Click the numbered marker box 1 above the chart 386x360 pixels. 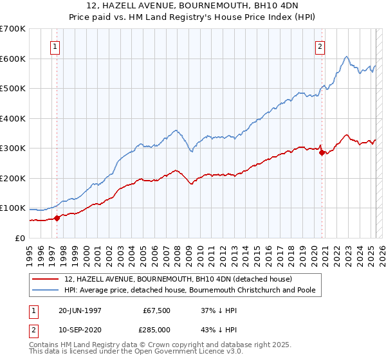click(55, 46)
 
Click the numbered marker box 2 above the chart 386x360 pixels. click(320, 46)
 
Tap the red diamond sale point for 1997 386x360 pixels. click(57, 217)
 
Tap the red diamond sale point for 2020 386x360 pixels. click(322, 152)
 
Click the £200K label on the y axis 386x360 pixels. click(13, 178)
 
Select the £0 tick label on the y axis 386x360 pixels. click(21, 238)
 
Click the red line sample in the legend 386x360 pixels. click(47, 279)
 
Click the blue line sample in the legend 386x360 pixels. click(47, 290)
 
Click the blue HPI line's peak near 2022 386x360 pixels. click(346, 57)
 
